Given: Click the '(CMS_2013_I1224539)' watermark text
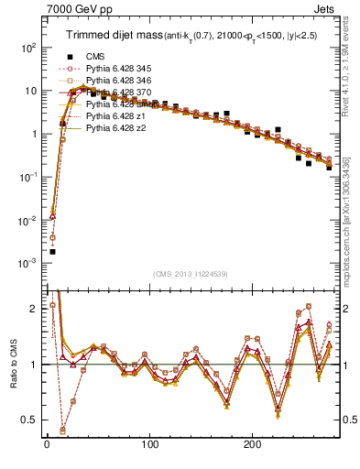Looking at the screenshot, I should [190, 274].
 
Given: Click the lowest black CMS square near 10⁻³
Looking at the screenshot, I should [52, 251].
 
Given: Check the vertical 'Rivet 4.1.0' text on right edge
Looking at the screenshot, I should [352, 64].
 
